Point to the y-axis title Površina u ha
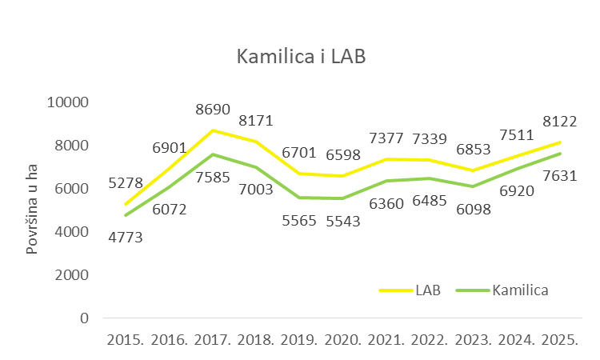tap(32, 211)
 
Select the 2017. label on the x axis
tap(212, 339)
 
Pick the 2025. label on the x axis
tap(559, 339)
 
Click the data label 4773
tap(125, 237)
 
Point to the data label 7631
tap(559, 175)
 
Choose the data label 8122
tap(559, 122)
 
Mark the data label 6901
tap(169, 149)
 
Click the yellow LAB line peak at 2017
tap(212, 130)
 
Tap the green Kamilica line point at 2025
tap(559, 153)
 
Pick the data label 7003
tap(256, 190)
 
